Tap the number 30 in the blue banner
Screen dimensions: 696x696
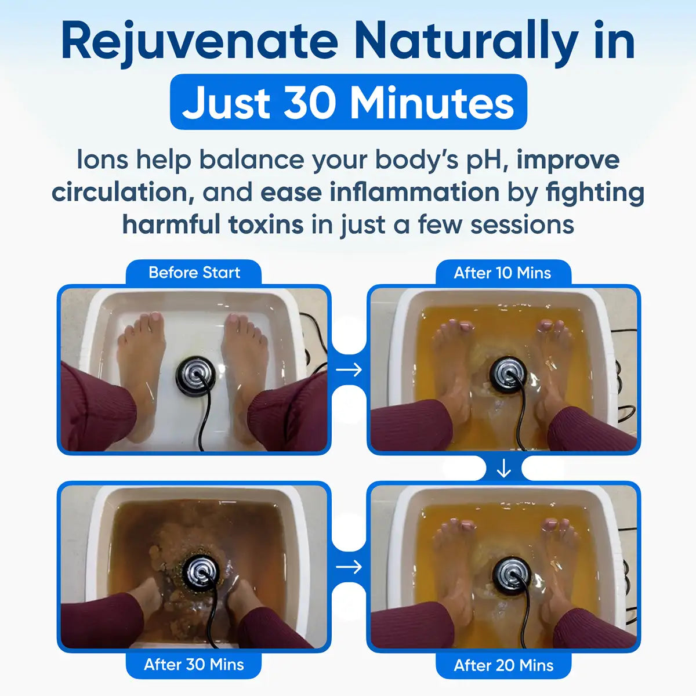(x=310, y=103)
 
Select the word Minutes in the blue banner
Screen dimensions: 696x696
(x=432, y=103)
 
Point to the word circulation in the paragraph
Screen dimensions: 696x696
(x=122, y=193)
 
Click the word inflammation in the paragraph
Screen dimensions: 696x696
(x=414, y=193)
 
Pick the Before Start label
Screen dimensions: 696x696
(x=194, y=273)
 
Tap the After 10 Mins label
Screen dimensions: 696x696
(x=502, y=273)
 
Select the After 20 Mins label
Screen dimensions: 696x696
(x=503, y=665)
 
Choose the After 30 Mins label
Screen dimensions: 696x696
(x=194, y=664)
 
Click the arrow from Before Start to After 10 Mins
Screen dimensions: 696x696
(x=349, y=369)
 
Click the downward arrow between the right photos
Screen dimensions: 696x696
(x=503, y=469)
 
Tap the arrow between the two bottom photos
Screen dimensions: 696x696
(x=349, y=567)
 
